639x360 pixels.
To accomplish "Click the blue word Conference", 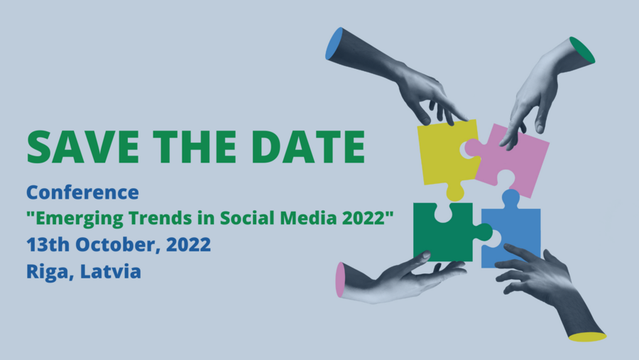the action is click(83, 192).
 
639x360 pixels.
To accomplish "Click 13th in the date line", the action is click(48, 245).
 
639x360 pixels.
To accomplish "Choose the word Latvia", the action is click(111, 271).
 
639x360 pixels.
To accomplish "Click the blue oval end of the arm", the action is click(334, 43).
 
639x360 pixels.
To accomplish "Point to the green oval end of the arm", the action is click(582, 50).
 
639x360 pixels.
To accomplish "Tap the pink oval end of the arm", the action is click(340, 280).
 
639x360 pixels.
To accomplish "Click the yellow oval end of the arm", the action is click(587, 337).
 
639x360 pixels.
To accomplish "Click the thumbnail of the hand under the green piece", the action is click(425, 255).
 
